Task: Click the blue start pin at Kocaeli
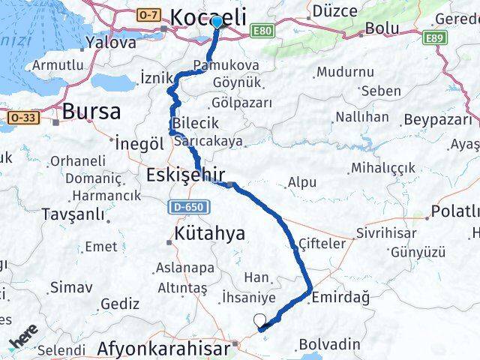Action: click(217, 21)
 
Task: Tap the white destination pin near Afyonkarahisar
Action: click(259, 321)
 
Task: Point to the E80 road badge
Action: click(261, 31)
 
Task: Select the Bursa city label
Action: click(91, 112)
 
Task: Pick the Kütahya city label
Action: click(209, 233)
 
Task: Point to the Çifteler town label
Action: click(322, 244)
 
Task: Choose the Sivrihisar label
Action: click(385, 232)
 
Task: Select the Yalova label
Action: click(109, 42)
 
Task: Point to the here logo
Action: click(24, 334)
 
